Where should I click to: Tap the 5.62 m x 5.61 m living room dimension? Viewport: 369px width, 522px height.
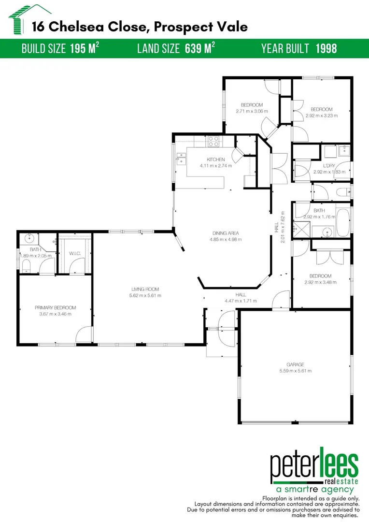(x=146, y=295)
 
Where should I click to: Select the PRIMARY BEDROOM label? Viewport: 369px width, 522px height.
(x=55, y=307)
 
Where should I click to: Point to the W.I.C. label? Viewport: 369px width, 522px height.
(x=74, y=253)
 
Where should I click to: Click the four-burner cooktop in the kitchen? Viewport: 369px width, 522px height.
(x=213, y=141)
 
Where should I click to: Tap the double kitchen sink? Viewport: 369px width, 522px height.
(x=182, y=159)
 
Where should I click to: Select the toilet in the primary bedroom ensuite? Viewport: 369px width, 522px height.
(x=26, y=264)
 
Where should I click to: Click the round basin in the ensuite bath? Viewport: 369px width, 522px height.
(x=29, y=238)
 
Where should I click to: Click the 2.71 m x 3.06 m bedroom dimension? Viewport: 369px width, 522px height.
(x=252, y=111)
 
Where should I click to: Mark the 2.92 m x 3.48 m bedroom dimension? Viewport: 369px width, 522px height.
(x=320, y=282)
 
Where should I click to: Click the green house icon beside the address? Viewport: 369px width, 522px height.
(x=19, y=19)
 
